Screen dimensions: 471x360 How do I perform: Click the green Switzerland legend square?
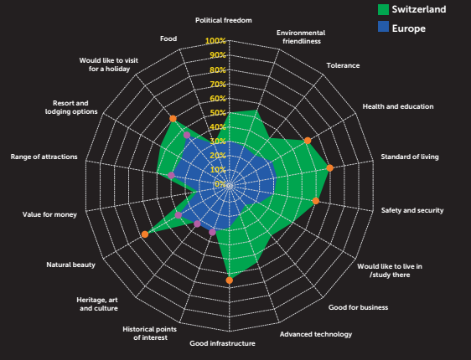[x=383, y=9]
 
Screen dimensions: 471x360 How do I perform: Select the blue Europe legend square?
[x=383, y=27]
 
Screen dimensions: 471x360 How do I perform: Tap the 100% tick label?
[x=215, y=40]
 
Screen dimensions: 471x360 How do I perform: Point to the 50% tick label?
[x=217, y=113]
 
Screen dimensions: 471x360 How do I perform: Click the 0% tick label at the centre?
[x=220, y=183]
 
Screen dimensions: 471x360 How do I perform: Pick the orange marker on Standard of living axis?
[x=330, y=168]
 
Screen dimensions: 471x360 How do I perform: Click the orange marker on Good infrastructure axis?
[x=229, y=280]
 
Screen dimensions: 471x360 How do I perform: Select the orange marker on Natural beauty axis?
[x=145, y=234]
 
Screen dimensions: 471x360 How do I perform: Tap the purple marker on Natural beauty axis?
[x=179, y=215]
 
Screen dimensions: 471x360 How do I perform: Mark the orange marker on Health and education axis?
[x=308, y=141]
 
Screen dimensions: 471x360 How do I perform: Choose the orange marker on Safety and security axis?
[x=315, y=201]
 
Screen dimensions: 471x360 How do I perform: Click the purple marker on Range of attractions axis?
[x=171, y=176]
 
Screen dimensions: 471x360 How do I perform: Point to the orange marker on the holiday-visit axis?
[x=173, y=119]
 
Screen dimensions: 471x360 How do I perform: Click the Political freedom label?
[x=224, y=20]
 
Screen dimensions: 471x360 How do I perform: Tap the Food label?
[x=168, y=39]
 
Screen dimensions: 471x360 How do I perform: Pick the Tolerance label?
[x=343, y=65]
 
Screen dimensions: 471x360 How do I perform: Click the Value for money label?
[x=49, y=214]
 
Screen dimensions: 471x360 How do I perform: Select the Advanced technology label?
[x=316, y=334]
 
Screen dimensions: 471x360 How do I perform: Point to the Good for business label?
[x=358, y=307]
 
